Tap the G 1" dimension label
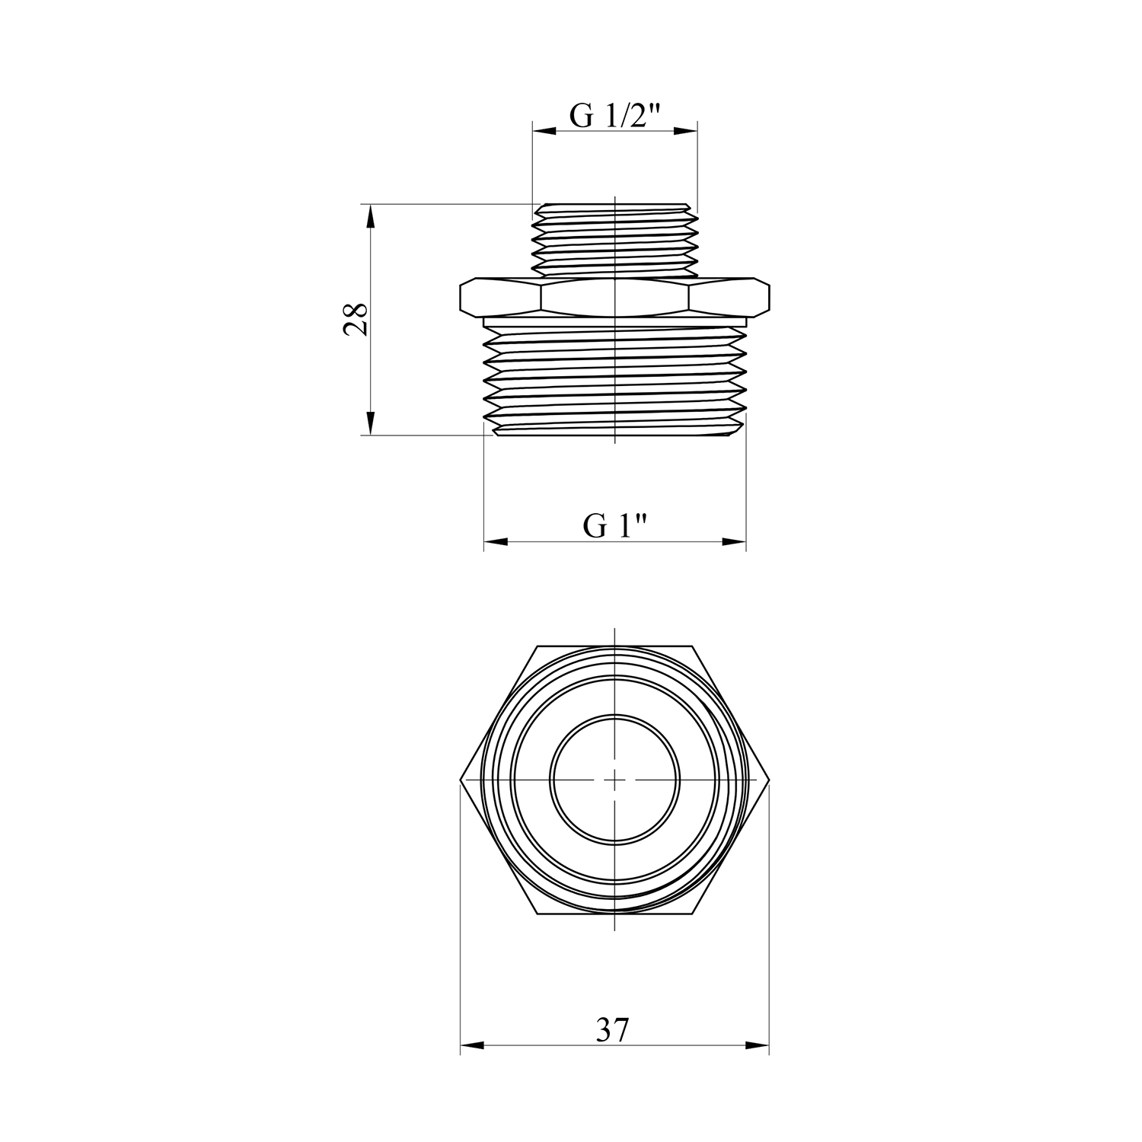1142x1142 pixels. click(x=615, y=526)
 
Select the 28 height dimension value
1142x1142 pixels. click(x=356, y=319)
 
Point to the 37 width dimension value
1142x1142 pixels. click(x=613, y=1030)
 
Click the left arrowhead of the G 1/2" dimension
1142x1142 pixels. click(x=544, y=131)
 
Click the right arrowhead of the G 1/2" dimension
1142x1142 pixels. click(x=685, y=131)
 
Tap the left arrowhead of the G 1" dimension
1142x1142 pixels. click(x=496, y=542)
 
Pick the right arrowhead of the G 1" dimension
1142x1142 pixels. click(x=734, y=542)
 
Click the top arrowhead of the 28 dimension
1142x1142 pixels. click(x=371, y=216)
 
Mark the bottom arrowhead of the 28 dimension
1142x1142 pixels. click(x=371, y=423)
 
